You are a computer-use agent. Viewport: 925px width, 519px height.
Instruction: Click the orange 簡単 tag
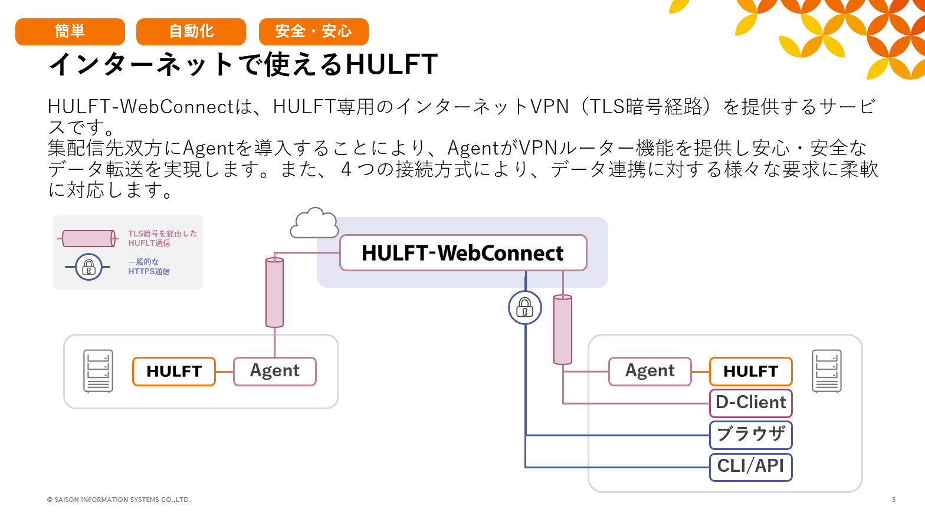(x=70, y=32)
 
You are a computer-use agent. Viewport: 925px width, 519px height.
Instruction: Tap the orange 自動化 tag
(x=191, y=32)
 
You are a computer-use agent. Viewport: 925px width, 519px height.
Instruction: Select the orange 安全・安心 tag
(x=313, y=32)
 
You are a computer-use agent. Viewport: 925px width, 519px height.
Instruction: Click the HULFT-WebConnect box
(x=463, y=253)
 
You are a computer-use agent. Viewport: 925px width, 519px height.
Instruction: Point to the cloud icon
(x=314, y=224)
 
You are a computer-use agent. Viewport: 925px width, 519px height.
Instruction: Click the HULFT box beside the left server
(x=174, y=372)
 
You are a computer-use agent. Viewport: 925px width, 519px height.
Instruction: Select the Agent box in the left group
(x=275, y=372)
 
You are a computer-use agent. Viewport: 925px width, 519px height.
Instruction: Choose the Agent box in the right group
(x=650, y=372)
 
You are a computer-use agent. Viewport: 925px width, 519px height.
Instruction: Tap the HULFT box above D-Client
(x=750, y=372)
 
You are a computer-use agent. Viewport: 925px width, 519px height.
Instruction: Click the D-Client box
(x=750, y=403)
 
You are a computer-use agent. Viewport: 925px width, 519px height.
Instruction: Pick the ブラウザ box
(x=750, y=435)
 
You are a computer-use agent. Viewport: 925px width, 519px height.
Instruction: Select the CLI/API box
(x=750, y=467)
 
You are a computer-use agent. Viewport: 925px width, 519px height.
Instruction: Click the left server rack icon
(x=99, y=371)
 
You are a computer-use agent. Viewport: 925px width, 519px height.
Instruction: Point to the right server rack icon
(x=826, y=371)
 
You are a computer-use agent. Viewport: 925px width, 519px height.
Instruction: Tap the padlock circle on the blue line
(x=525, y=307)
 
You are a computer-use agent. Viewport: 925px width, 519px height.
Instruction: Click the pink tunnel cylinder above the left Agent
(x=275, y=293)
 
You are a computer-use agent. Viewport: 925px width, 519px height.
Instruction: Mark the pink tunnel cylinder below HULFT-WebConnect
(x=563, y=330)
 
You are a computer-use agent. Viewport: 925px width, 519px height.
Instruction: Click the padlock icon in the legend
(x=89, y=267)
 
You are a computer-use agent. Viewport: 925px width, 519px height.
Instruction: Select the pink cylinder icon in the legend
(x=89, y=238)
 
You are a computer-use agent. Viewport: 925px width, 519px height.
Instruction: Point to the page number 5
(x=894, y=500)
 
